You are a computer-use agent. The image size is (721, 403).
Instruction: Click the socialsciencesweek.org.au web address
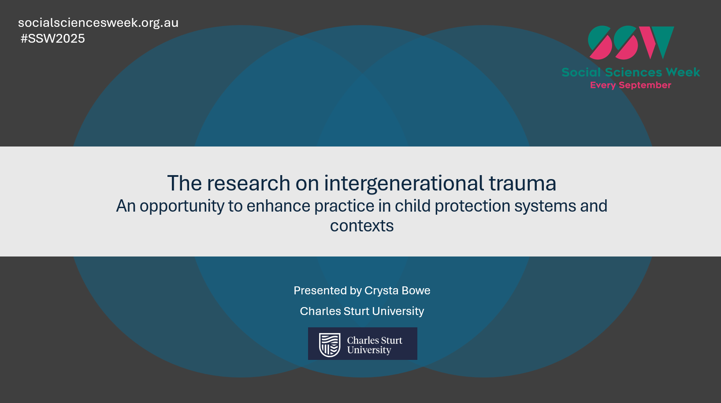tap(98, 23)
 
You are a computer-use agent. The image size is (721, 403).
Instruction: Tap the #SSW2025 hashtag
tap(53, 39)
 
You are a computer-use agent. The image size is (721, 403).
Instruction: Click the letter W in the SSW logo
tap(657, 42)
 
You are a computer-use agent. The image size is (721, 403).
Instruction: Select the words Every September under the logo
tap(630, 85)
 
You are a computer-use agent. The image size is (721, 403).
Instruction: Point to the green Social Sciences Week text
tap(630, 72)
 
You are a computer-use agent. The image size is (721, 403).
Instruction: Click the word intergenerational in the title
tap(404, 183)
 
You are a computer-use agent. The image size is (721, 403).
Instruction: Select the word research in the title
tap(249, 183)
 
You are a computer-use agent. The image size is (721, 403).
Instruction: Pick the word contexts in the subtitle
tap(362, 226)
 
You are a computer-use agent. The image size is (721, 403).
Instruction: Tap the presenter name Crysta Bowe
tap(397, 291)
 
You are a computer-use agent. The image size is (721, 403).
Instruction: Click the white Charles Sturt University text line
tap(362, 311)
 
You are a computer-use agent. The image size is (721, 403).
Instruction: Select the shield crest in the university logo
tap(330, 344)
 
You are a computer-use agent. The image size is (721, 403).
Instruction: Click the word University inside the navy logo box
tap(369, 350)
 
